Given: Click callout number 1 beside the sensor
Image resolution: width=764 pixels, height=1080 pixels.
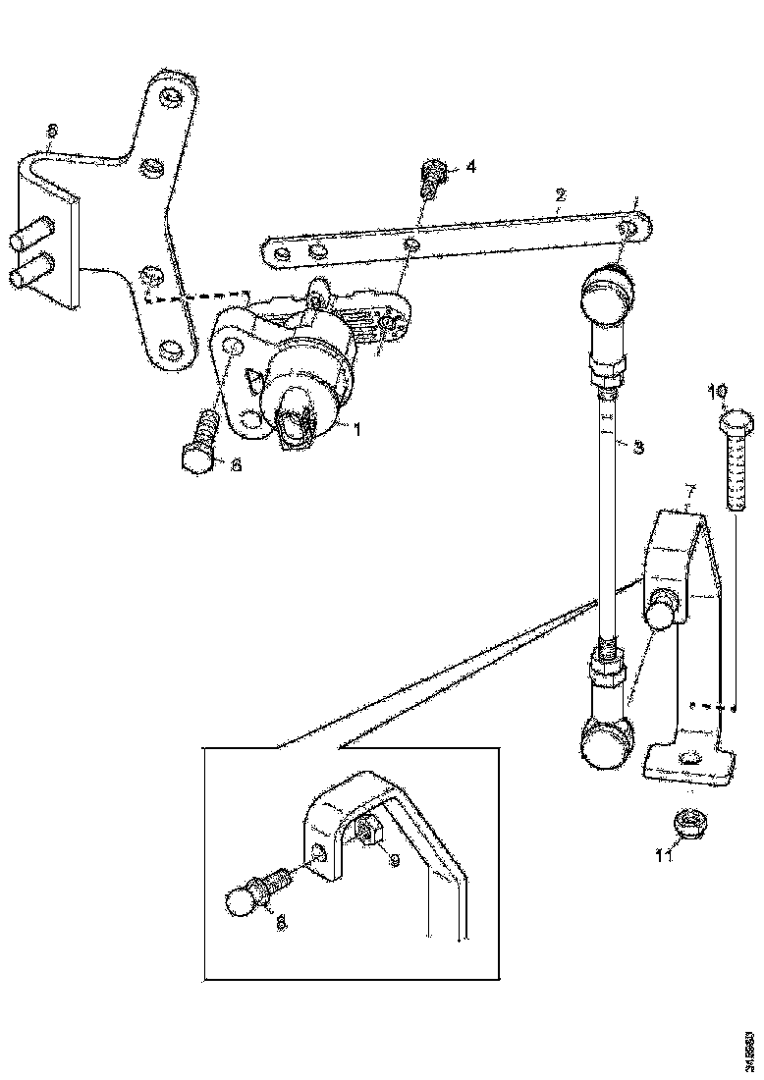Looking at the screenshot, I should [357, 430].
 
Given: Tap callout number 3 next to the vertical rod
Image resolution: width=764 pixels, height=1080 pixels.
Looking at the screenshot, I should [637, 448].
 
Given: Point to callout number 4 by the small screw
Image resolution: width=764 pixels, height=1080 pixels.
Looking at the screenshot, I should [470, 168].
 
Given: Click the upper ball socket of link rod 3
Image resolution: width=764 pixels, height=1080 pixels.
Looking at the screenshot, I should [604, 294].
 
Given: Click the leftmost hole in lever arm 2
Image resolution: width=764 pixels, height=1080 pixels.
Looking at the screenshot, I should [282, 255].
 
